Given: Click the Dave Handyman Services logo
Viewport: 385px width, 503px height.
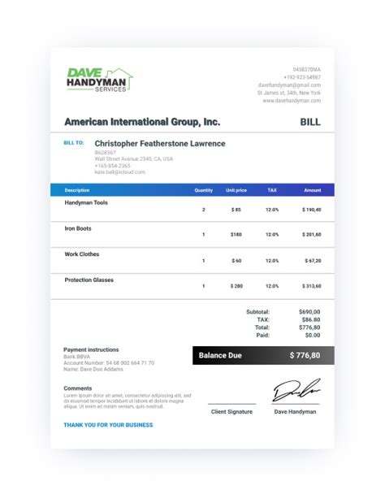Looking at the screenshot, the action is click(x=100, y=79).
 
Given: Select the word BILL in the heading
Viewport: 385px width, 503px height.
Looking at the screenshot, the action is click(x=310, y=122).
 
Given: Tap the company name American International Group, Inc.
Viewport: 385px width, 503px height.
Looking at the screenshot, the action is click(x=142, y=122).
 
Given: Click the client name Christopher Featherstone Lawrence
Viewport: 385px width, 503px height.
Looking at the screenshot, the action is click(x=160, y=144).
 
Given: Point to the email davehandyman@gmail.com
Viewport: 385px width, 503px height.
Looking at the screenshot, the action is click(x=289, y=85).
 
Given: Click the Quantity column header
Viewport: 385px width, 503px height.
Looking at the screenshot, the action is click(x=204, y=190).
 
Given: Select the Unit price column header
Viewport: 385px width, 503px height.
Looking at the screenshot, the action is click(x=236, y=190).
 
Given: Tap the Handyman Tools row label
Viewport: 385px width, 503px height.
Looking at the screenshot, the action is click(x=86, y=202).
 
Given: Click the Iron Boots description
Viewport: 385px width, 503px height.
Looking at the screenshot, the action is click(x=78, y=228).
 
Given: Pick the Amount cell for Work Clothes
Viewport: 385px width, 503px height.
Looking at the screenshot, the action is click(x=312, y=261).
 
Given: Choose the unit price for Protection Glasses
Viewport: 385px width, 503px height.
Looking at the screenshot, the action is click(x=236, y=286).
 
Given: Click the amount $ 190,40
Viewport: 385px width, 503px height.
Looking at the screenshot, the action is click(x=312, y=210).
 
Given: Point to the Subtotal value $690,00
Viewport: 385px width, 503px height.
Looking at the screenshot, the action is click(x=309, y=311).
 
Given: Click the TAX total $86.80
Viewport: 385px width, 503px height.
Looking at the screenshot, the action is click(x=309, y=319).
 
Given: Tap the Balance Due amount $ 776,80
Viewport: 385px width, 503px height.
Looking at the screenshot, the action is click(x=305, y=355).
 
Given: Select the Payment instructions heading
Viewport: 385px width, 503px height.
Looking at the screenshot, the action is click(x=91, y=349).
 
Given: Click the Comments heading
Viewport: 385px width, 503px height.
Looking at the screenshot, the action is click(x=78, y=388).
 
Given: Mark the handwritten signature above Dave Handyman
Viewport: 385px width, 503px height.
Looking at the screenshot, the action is click(x=296, y=391).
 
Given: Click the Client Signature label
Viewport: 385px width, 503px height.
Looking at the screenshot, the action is click(x=231, y=412).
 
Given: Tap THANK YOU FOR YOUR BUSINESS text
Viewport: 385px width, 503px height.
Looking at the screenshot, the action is click(x=108, y=425).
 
